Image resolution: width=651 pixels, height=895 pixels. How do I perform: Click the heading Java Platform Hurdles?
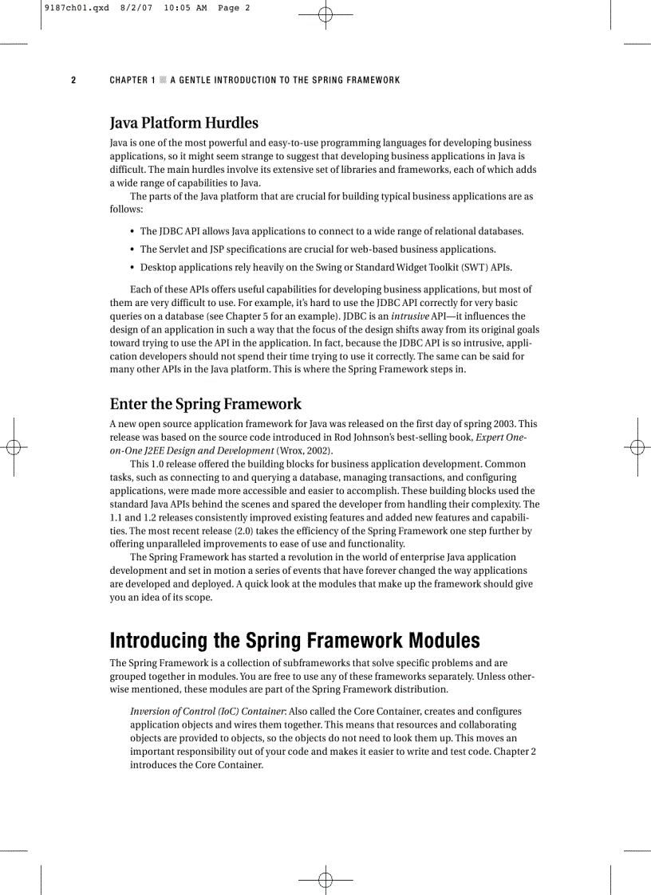point(183,123)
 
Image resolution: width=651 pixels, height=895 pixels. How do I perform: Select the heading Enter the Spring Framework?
point(205,403)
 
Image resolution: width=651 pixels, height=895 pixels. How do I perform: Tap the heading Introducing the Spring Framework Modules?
point(294,640)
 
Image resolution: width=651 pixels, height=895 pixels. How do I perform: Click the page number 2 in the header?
point(73,80)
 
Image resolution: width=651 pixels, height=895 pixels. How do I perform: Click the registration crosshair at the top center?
point(325,14)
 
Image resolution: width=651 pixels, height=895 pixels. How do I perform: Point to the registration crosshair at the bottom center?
point(325,879)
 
